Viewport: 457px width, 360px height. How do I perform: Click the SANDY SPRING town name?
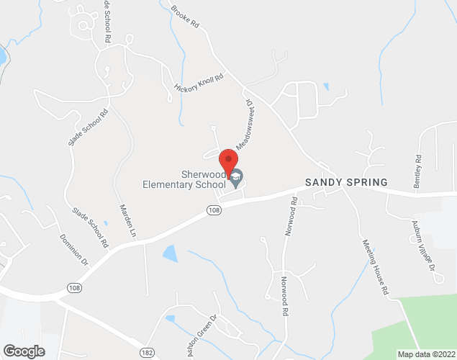tap(346, 182)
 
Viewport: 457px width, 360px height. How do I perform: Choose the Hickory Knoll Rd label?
tap(199, 82)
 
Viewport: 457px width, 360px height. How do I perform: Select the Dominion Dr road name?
tap(73, 248)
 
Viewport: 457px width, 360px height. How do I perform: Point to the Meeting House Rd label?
tap(375, 266)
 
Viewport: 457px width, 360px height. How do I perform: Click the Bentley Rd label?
tap(417, 171)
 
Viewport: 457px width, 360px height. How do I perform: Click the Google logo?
tap(23, 351)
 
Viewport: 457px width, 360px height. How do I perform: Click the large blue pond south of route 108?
tap(170, 253)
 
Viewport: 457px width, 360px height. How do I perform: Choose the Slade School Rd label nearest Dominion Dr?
tap(90, 225)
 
